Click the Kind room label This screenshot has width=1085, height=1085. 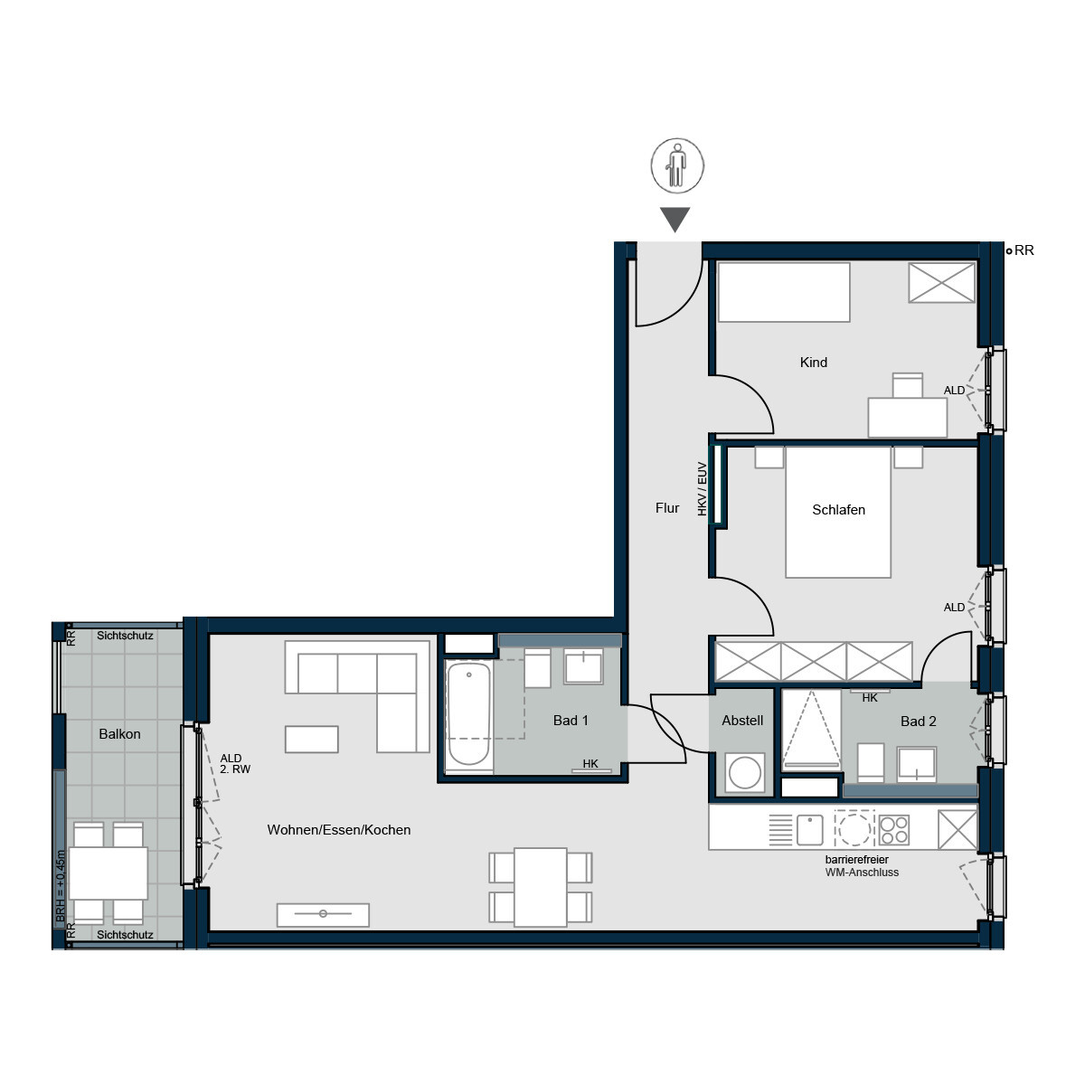813,362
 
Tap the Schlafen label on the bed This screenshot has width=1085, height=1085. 838,510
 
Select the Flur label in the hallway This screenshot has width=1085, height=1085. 667,508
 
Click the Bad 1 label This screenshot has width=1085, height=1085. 571,720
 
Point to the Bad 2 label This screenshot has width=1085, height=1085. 918,722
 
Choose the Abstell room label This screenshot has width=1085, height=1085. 742,720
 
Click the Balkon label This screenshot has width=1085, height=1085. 119,733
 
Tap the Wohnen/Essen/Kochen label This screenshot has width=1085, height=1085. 338,829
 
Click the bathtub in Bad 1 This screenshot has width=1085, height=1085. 469,715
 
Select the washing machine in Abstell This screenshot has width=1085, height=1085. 744,772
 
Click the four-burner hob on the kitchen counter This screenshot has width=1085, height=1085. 893,830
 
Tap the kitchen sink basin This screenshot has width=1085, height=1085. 809,830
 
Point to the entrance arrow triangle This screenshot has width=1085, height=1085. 675,219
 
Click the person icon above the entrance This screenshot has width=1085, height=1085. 677,165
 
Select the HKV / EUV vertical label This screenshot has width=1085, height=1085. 702,489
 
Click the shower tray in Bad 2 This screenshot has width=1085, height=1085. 811,731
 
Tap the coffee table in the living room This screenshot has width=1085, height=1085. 311,740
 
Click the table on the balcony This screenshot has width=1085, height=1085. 108,873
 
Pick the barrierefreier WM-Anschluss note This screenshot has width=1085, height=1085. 862,866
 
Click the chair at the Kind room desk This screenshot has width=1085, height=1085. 907,385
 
